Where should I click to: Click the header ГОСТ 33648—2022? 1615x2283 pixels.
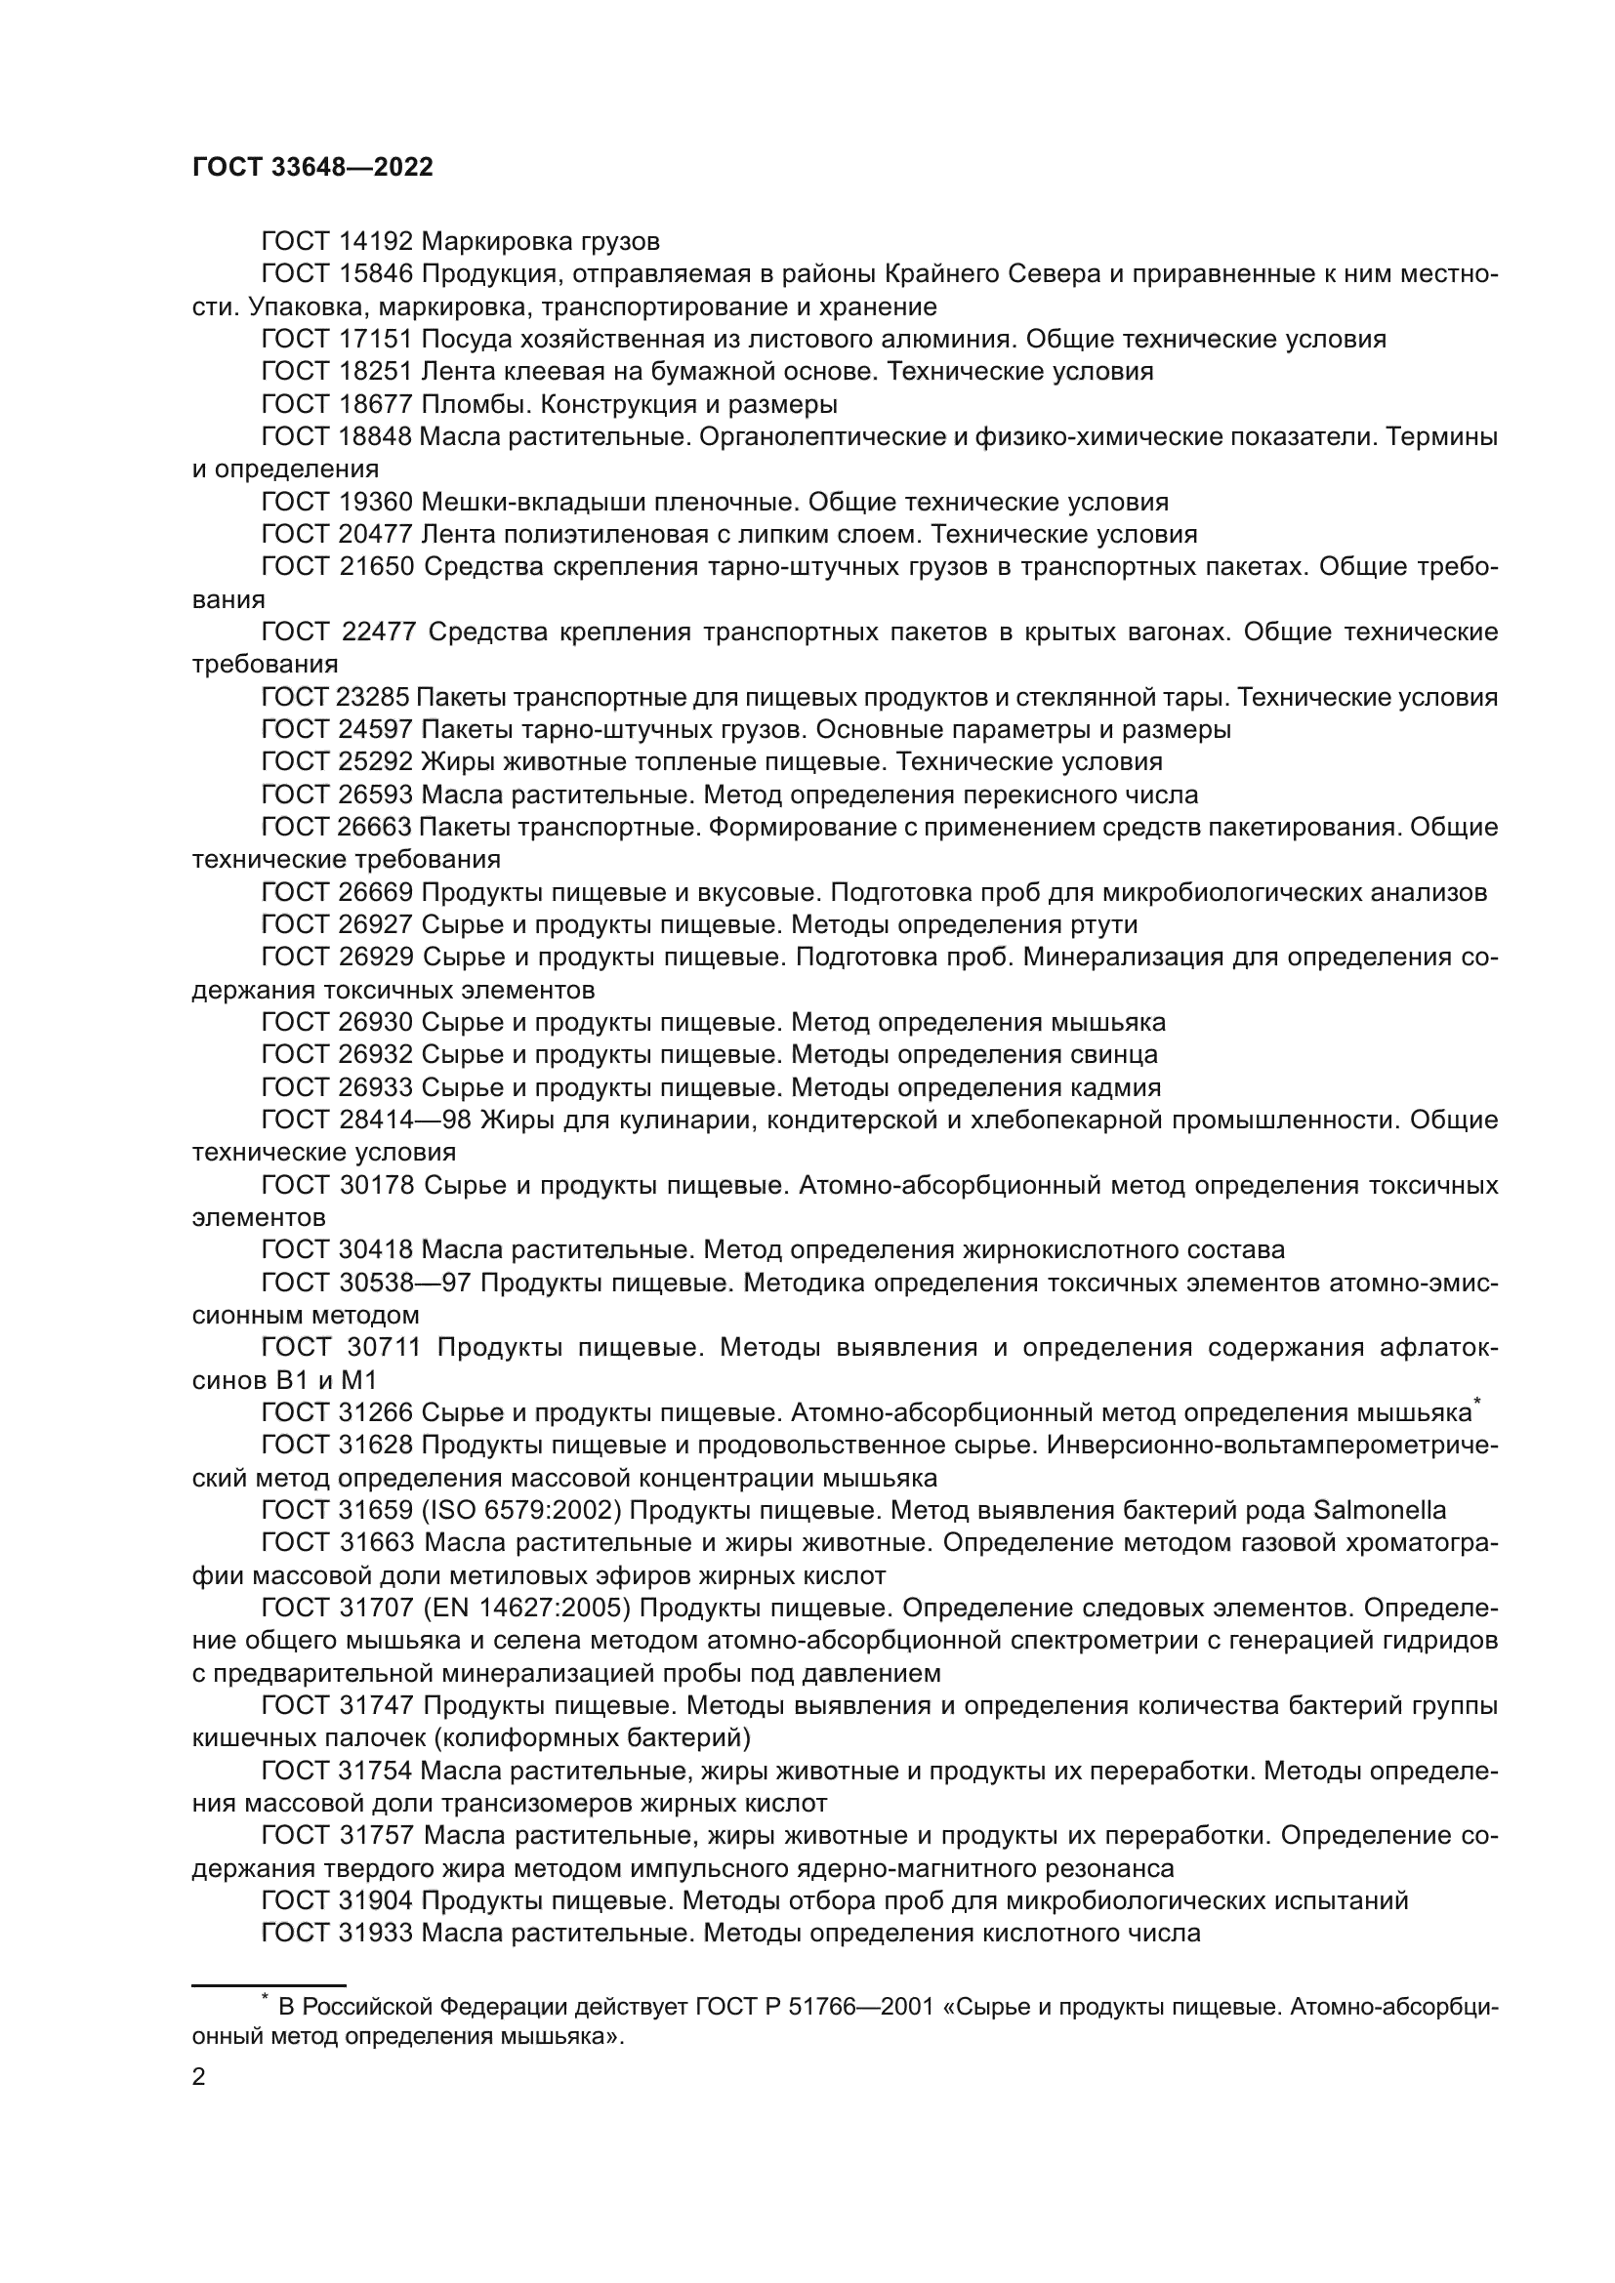pyautogui.click(x=312, y=168)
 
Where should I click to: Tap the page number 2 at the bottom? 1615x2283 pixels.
pyautogui.click(x=199, y=2077)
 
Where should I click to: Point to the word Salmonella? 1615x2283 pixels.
pyautogui.click(x=1380, y=1511)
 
